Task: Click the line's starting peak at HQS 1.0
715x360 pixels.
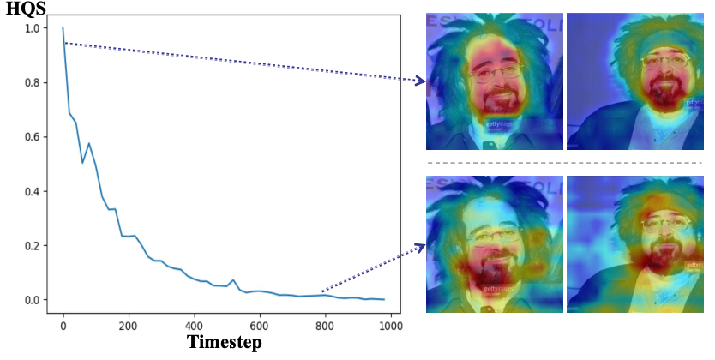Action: pos(63,28)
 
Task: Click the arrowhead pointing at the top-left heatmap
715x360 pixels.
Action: pos(420,81)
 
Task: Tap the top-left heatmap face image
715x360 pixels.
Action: pos(495,81)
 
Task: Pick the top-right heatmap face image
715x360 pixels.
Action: pos(634,81)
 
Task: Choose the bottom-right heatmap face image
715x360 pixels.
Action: pos(634,244)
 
